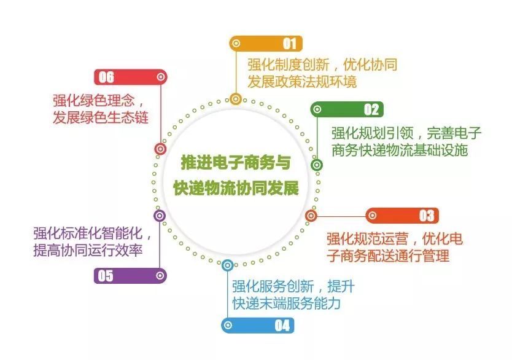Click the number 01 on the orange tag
pyautogui.click(x=290, y=44)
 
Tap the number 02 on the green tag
pyautogui.click(x=371, y=109)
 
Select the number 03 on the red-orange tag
pyautogui.click(x=427, y=216)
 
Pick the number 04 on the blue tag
pyautogui.click(x=282, y=326)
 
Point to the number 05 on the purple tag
pyautogui.click(x=106, y=276)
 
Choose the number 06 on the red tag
pyautogui.click(x=106, y=77)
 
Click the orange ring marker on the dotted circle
pyautogui.click(x=236, y=99)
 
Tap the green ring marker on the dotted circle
pyautogui.click(x=316, y=165)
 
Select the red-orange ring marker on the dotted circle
pyautogui.click(x=311, y=216)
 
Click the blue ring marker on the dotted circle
pyautogui.click(x=228, y=265)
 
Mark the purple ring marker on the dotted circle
pyautogui.click(x=160, y=216)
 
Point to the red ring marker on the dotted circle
pyautogui.click(x=160, y=149)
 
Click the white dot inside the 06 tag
pyautogui.click(x=161, y=77)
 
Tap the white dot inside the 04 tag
pyautogui.click(x=228, y=326)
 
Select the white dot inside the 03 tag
pyautogui.click(x=372, y=216)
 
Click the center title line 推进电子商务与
pyautogui.click(x=236, y=162)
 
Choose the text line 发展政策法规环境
pyautogui.click(x=302, y=81)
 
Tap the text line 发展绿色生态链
pyautogui.click(x=101, y=117)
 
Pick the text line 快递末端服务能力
pyautogui.click(x=286, y=303)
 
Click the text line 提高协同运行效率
pyautogui.click(x=88, y=250)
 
